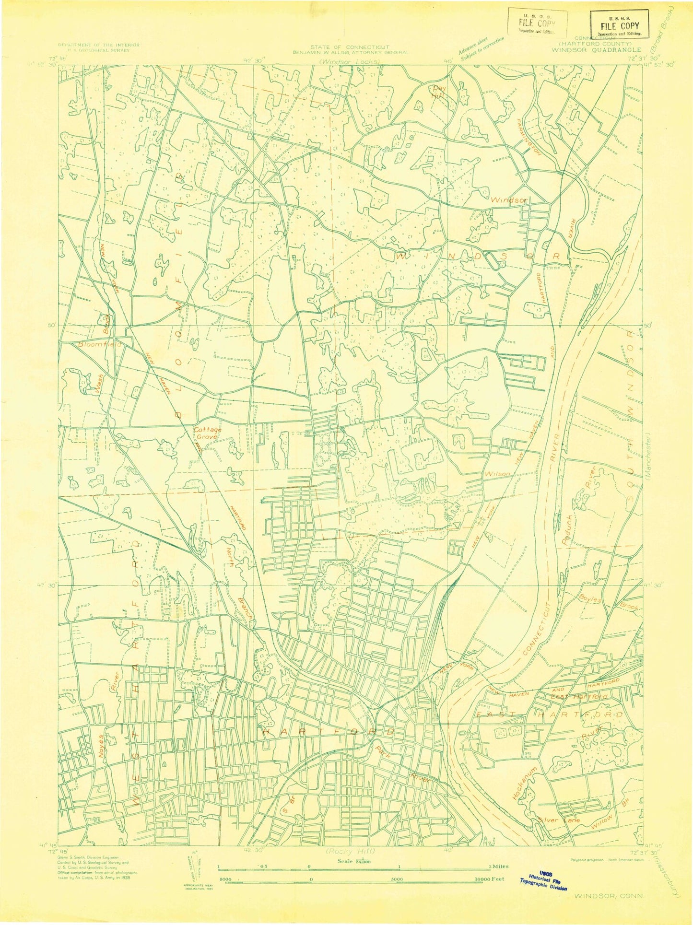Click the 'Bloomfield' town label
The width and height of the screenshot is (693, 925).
tap(97, 344)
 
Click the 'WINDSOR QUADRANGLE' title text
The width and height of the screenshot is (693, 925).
tap(596, 49)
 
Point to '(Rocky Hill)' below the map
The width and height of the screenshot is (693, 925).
tap(351, 851)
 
